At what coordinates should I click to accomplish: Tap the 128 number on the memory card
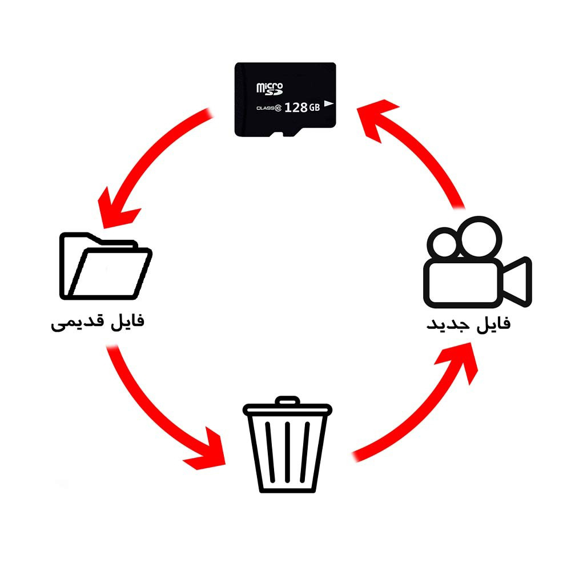click(296, 107)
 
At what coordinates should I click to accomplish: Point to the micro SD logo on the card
click(270, 89)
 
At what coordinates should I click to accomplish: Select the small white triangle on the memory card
click(328, 103)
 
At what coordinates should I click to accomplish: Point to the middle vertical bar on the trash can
click(287, 451)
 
